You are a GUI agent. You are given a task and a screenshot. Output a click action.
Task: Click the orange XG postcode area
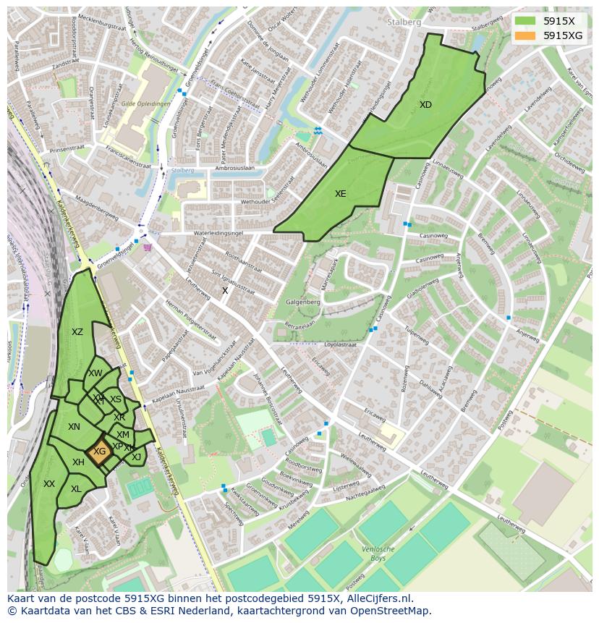click(x=100, y=451)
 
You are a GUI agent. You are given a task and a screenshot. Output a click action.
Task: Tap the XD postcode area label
click(x=425, y=105)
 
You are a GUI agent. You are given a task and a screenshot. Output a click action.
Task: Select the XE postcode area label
click(x=340, y=194)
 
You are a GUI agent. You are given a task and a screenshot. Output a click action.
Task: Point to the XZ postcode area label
click(x=77, y=332)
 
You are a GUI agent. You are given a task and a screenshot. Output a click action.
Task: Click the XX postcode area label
click(x=49, y=484)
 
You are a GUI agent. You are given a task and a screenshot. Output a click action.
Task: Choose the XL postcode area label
click(x=76, y=489)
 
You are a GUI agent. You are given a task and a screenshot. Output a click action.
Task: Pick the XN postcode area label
click(x=74, y=427)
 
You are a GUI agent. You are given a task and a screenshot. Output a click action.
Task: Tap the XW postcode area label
click(x=95, y=373)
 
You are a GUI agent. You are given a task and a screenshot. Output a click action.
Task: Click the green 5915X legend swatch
click(x=525, y=21)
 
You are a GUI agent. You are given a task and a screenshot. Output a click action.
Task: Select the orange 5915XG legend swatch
click(x=525, y=35)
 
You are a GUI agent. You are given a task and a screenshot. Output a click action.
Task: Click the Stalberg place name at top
click(x=404, y=22)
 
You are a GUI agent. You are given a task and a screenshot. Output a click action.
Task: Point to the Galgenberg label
click(x=303, y=302)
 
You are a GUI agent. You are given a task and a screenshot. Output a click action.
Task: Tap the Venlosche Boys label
click(x=378, y=554)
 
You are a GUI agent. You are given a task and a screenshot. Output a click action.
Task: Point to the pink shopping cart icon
click(x=148, y=247)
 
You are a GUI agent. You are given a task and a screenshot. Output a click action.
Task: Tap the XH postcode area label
click(x=78, y=462)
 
